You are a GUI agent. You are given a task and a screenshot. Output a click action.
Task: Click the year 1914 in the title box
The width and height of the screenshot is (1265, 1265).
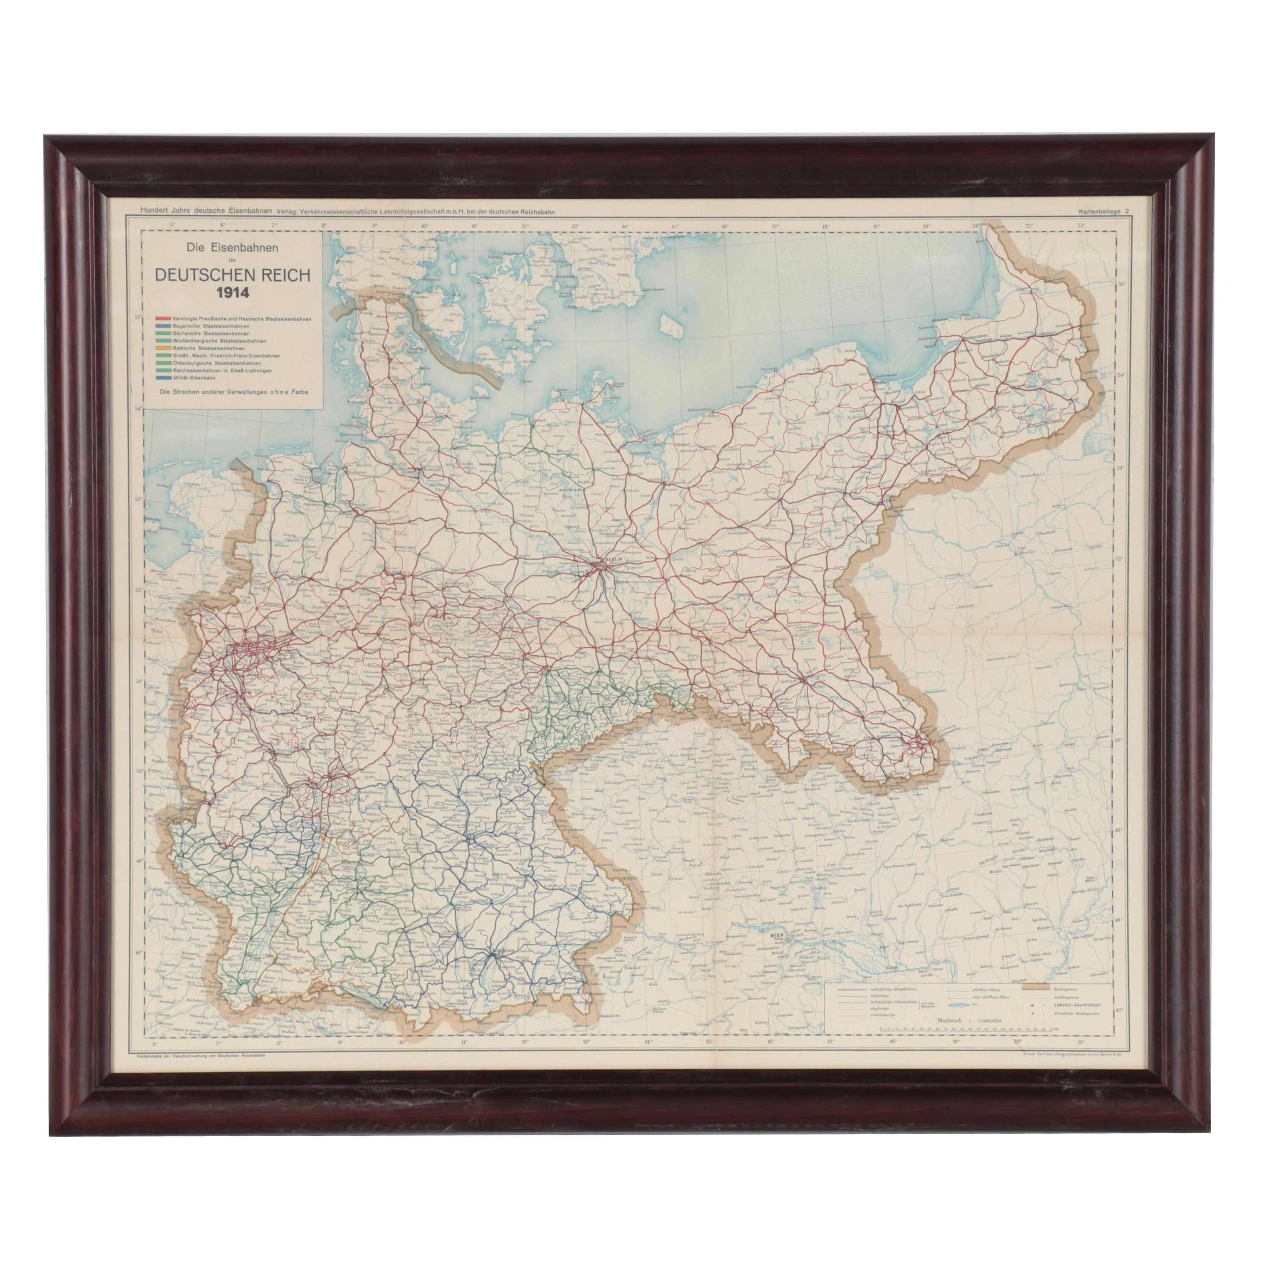(x=232, y=292)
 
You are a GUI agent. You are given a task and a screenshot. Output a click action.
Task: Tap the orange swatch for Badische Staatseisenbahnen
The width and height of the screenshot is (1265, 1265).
(x=162, y=348)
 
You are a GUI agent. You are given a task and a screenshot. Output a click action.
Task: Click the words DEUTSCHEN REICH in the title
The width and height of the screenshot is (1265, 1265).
(x=232, y=275)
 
